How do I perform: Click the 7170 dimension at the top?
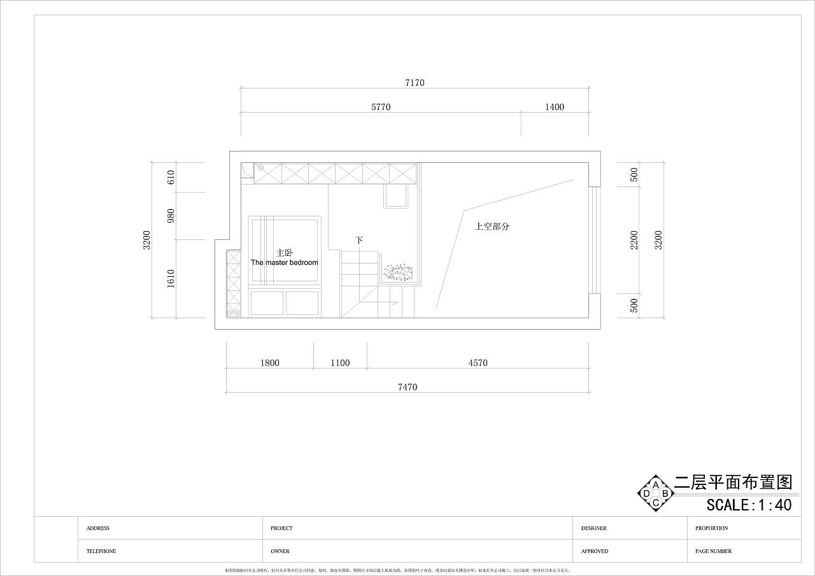[x=414, y=83]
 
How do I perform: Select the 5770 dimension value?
[x=381, y=107]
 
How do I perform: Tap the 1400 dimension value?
[x=554, y=107]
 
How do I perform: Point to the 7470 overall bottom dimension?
[x=407, y=387]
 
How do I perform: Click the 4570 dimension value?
[x=478, y=363]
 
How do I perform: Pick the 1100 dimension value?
[x=340, y=363]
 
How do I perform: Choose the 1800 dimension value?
[x=269, y=363]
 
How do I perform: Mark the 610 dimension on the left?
[x=171, y=178]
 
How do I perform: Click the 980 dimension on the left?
[x=171, y=216]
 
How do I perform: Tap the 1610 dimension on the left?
[x=171, y=279]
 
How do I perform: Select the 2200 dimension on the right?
[x=634, y=239]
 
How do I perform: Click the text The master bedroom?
[x=284, y=262]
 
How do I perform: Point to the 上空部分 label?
[x=492, y=226]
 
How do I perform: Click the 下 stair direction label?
[x=359, y=240]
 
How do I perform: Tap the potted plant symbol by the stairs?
[x=399, y=273]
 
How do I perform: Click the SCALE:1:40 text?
[x=749, y=505]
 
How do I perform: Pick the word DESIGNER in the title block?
[x=593, y=528]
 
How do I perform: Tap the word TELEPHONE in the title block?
[x=101, y=551]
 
